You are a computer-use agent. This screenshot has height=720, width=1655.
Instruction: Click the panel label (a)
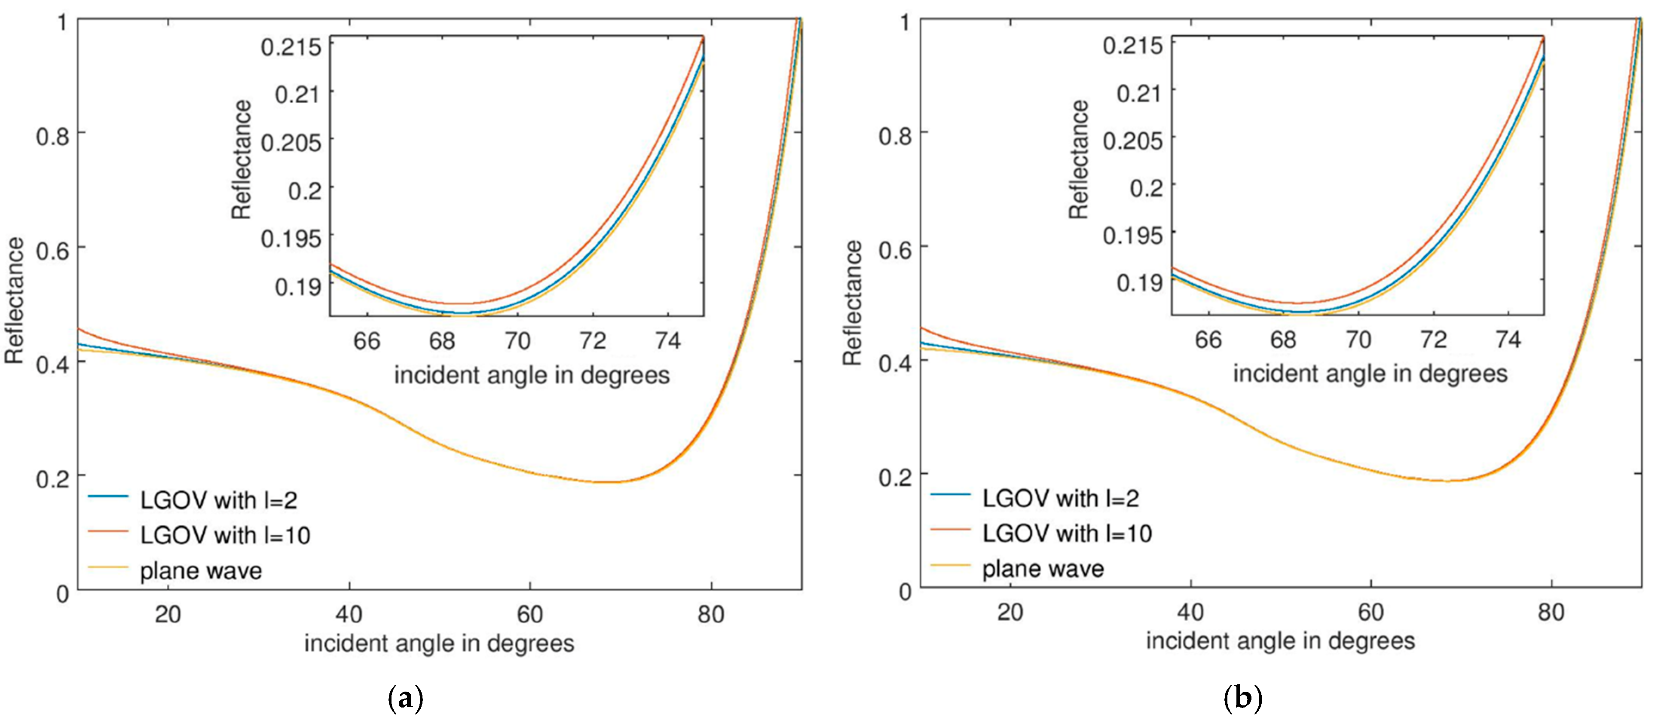tap(406, 698)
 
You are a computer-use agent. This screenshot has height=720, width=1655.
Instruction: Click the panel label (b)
tap(1243, 698)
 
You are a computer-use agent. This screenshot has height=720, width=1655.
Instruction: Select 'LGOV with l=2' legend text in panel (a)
tap(218, 500)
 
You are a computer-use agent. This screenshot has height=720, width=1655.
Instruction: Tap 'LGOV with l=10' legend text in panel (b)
tap(1067, 533)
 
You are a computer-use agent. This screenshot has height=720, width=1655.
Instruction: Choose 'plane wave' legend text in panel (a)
tap(201, 571)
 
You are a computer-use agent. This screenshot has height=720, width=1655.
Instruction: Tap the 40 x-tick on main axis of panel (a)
tap(349, 615)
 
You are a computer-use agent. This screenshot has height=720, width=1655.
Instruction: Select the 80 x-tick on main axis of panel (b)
tap(1551, 613)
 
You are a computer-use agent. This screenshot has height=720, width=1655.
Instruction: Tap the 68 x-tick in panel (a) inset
tap(442, 341)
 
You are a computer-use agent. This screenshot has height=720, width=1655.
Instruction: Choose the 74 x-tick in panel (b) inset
tap(1508, 340)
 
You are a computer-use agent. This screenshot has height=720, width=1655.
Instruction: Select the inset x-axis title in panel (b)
tap(1370, 374)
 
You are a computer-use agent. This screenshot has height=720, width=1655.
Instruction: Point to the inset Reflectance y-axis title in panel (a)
tap(242, 159)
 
